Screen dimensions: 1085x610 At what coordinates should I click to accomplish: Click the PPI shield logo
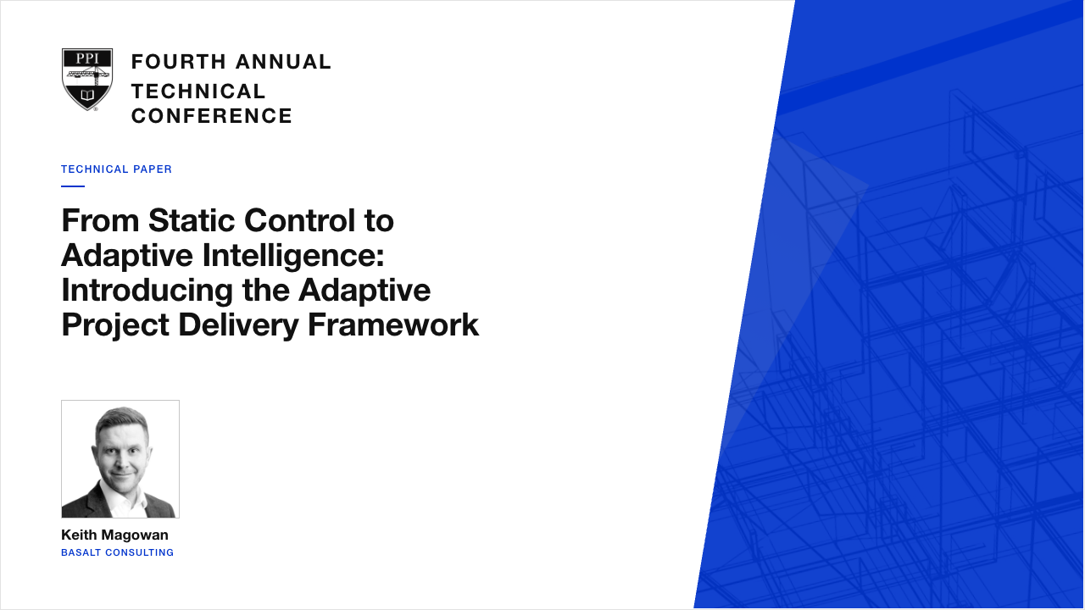coord(87,80)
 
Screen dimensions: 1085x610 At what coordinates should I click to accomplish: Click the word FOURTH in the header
coord(179,62)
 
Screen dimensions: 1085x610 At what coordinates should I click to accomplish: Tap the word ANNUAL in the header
coord(283,62)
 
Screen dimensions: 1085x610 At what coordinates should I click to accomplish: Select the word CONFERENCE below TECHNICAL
coord(212,116)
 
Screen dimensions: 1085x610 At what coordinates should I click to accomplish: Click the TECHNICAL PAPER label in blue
coord(116,169)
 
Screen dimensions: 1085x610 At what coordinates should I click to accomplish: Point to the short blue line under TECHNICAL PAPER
coord(73,186)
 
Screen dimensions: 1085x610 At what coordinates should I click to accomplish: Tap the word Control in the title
coord(300,221)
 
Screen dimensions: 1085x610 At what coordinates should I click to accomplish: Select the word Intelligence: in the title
coord(293,257)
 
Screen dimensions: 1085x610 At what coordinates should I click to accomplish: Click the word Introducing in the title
coord(147,291)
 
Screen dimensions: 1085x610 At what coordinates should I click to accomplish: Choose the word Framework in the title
coord(393,325)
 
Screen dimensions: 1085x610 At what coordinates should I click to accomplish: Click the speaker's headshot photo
coord(120,459)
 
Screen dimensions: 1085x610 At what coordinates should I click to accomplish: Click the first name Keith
coord(79,535)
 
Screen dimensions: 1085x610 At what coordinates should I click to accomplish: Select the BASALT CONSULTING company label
coord(117,553)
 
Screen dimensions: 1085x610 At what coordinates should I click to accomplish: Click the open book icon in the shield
coord(87,94)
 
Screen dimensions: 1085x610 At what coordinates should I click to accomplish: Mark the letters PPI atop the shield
coord(87,58)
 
